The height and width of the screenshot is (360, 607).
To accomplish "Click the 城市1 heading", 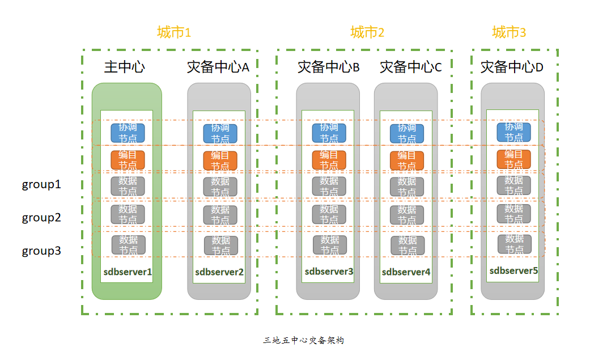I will (x=174, y=33).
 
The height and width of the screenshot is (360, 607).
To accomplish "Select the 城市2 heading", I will (x=367, y=33).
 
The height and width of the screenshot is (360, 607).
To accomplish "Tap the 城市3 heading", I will (x=509, y=33).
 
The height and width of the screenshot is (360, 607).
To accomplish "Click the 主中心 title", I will (x=125, y=67).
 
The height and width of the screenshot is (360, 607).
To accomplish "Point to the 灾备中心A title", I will (x=218, y=67).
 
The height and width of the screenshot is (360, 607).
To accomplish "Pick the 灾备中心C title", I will (x=410, y=67).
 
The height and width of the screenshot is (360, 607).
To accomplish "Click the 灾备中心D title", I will (x=512, y=67).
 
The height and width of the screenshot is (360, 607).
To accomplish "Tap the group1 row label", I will (x=41, y=184).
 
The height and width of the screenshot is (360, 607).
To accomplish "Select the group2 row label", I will (x=41, y=218).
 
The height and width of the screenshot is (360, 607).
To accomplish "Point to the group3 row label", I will (x=41, y=251).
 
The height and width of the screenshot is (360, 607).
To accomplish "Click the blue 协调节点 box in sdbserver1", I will (x=128, y=133).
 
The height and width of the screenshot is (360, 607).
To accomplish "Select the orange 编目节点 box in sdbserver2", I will (x=220, y=160).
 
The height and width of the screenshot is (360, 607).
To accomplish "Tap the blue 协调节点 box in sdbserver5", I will (x=514, y=132).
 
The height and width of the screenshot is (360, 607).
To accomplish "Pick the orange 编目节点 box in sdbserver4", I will (x=407, y=160).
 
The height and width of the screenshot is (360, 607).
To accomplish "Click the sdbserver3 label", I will (x=329, y=272).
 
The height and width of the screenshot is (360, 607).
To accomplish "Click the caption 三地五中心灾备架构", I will (x=304, y=341).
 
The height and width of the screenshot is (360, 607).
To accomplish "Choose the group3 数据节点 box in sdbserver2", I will (x=221, y=245).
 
